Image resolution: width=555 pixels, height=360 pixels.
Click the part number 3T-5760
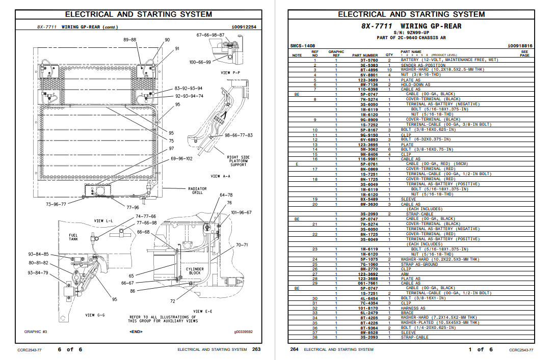pos(369,60)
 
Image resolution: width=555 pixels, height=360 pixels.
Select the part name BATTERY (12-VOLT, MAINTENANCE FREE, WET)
pos(449,60)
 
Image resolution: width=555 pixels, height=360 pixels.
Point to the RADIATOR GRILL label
pos(197,191)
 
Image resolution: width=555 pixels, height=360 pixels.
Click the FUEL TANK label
pos(73,237)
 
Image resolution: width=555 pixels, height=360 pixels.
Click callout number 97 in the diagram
pos(171,149)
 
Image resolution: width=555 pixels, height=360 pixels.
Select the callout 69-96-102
pos(181,159)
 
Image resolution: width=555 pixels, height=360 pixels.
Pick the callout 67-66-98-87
pos(210,35)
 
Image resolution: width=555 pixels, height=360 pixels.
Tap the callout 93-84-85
pos(38,254)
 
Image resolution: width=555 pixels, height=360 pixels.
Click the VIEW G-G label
pos(95,315)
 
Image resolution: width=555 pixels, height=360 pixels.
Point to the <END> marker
pos(136,331)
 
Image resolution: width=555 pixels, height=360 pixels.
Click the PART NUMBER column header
pos(365,55)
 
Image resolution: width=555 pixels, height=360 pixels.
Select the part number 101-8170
pos(369,308)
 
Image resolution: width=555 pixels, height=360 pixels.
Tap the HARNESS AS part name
pos(413,308)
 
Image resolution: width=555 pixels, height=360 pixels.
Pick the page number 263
pos(256,349)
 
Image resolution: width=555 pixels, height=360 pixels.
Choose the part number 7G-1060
pos(369,264)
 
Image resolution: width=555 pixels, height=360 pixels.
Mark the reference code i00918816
pos(520,46)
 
